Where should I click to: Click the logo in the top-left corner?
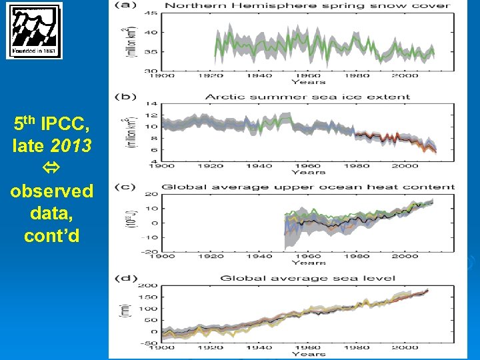pyautogui.click(x=34, y=31)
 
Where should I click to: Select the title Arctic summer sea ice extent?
pyautogui.click(x=307, y=97)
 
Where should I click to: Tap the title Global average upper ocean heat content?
pyautogui.click(x=307, y=187)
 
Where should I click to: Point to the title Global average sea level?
pyautogui.click(x=307, y=278)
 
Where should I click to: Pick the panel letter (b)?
pyautogui.click(x=123, y=97)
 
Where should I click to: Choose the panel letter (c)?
pyautogui.click(x=123, y=187)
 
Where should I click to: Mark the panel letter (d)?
pyautogui.click(x=123, y=278)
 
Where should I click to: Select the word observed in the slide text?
pyautogui.click(x=52, y=191)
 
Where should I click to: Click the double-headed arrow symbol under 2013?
pyautogui.click(x=52, y=167)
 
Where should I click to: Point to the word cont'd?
pyautogui.click(x=52, y=235)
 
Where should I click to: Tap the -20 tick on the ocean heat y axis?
pyautogui.click(x=149, y=251)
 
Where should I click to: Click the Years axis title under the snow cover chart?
pyautogui.click(x=307, y=81)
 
